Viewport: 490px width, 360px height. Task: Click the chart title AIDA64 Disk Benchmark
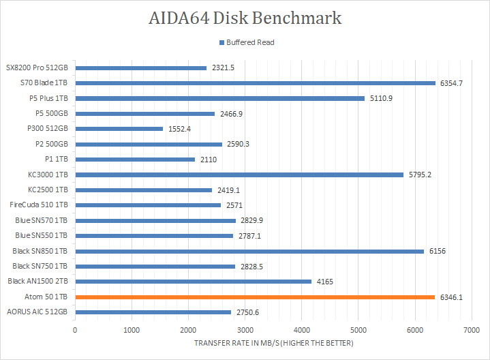tap(245, 18)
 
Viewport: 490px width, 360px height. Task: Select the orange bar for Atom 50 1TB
tap(254, 297)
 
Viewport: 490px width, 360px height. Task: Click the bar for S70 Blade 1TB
tap(255, 83)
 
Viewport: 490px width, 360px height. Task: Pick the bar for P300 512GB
tap(119, 129)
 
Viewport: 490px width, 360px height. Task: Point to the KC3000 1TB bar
tap(239, 175)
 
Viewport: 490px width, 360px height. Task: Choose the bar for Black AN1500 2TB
tap(193, 281)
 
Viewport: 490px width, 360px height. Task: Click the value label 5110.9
tap(380, 98)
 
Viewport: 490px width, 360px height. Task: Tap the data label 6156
tap(438, 251)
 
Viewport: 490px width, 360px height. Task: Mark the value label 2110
tap(209, 160)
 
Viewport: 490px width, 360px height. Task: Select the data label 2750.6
tap(248, 312)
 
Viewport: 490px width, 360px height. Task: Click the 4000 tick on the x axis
tap(301, 330)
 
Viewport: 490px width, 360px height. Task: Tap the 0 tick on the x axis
tap(75, 330)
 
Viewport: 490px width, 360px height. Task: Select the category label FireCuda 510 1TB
tap(39, 205)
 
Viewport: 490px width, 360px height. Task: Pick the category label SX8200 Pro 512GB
tap(37, 68)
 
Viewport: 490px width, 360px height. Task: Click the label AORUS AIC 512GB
tap(37, 312)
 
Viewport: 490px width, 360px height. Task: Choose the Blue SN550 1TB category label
tap(41, 236)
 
